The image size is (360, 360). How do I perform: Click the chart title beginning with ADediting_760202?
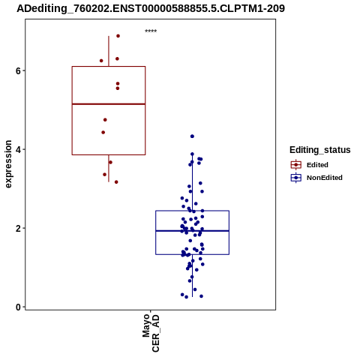click(151, 8)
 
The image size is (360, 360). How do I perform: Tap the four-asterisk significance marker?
click(151, 31)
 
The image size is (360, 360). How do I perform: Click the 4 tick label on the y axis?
click(18, 149)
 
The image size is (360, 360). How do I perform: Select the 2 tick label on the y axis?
click(18, 228)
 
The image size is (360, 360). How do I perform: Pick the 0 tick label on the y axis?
click(18, 307)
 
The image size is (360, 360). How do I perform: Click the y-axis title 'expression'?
click(8, 164)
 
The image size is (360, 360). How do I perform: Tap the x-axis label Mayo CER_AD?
click(151, 333)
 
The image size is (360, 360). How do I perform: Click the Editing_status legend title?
click(320, 150)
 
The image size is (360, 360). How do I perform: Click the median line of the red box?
click(109, 104)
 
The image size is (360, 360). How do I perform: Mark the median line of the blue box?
click(193, 231)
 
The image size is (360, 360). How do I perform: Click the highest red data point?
click(118, 36)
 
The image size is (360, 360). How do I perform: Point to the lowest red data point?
click(116, 182)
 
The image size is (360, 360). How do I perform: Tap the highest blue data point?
click(192, 136)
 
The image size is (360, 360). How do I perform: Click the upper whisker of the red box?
click(109, 51)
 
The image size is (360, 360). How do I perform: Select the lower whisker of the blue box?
click(193, 276)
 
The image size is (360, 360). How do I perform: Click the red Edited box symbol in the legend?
click(296, 165)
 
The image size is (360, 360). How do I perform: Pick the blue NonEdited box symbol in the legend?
click(296, 178)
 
